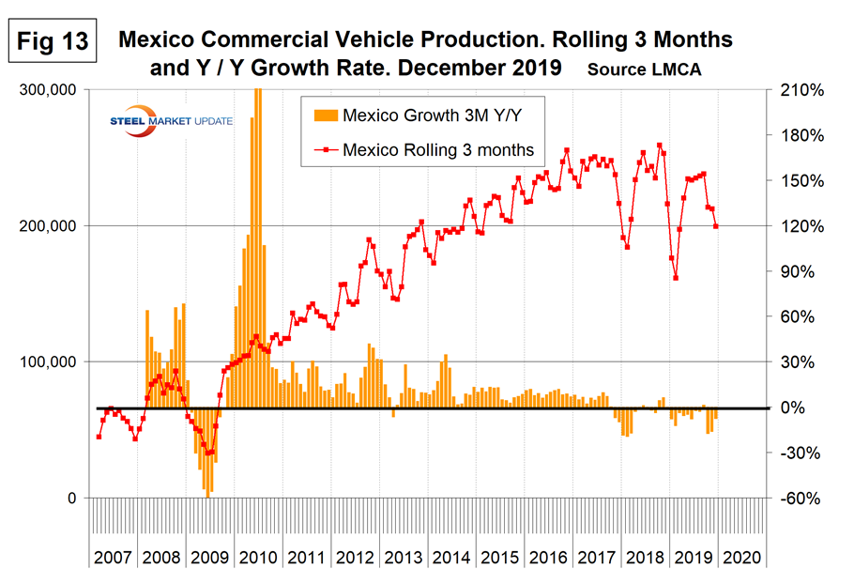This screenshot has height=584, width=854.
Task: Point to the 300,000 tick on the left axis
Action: (x=53, y=90)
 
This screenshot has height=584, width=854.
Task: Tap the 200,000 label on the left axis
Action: (x=53, y=226)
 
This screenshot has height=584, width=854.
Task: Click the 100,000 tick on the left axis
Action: (x=53, y=362)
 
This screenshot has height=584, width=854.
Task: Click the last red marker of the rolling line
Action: (x=716, y=226)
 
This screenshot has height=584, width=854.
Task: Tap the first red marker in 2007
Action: (x=98, y=437)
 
